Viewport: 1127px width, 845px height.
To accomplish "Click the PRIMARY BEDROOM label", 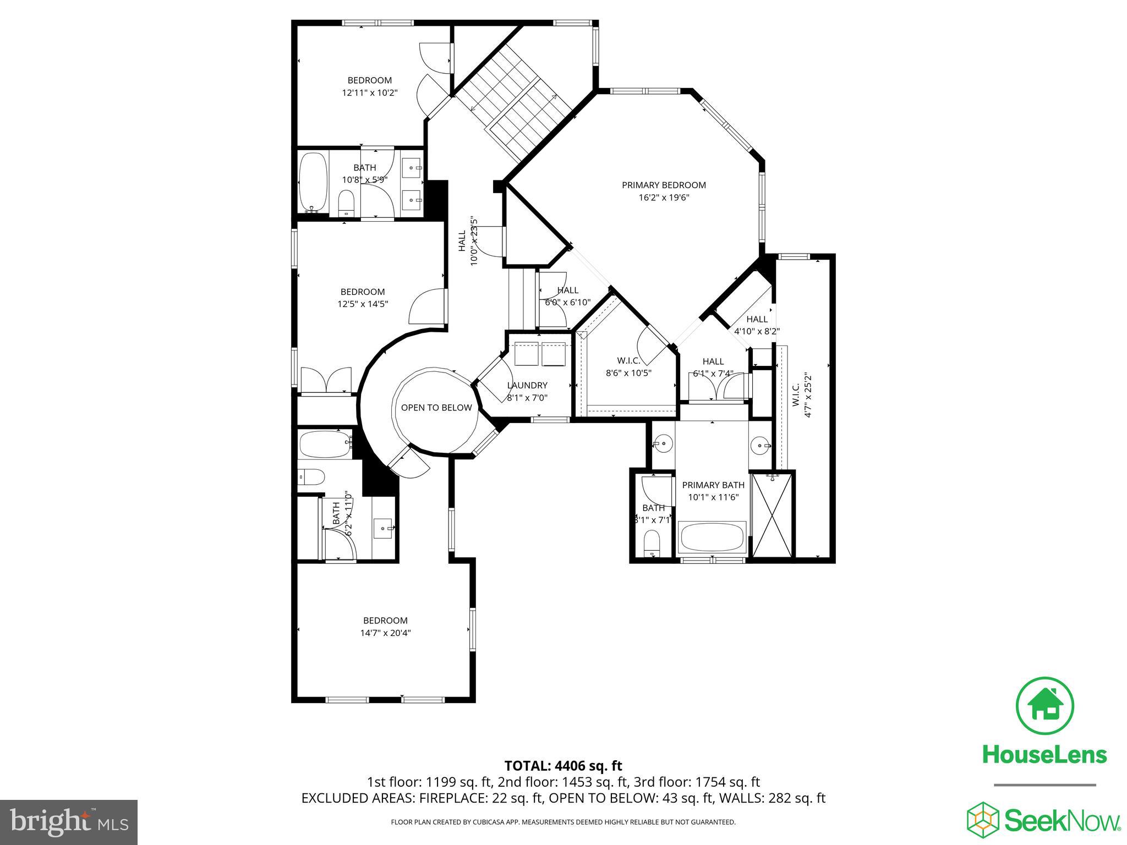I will click(664, 185).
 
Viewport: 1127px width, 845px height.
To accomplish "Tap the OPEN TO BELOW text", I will click(436, 408).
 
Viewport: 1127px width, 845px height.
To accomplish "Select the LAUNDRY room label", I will click(527, 386).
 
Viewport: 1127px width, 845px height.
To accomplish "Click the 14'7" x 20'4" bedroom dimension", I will click(385, 633).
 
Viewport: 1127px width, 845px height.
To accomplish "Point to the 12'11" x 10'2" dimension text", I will click(370, 93).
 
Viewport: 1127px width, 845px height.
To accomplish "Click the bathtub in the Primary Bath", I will click(712, 537).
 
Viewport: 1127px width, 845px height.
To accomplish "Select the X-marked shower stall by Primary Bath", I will click(773, 515).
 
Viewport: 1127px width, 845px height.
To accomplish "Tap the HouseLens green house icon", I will click(1044, 706).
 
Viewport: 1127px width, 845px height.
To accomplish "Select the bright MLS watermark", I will click(69, 822).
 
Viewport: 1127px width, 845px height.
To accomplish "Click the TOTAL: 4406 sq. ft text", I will click(563, 766).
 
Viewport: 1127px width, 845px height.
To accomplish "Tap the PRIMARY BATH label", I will click(713, 485).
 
